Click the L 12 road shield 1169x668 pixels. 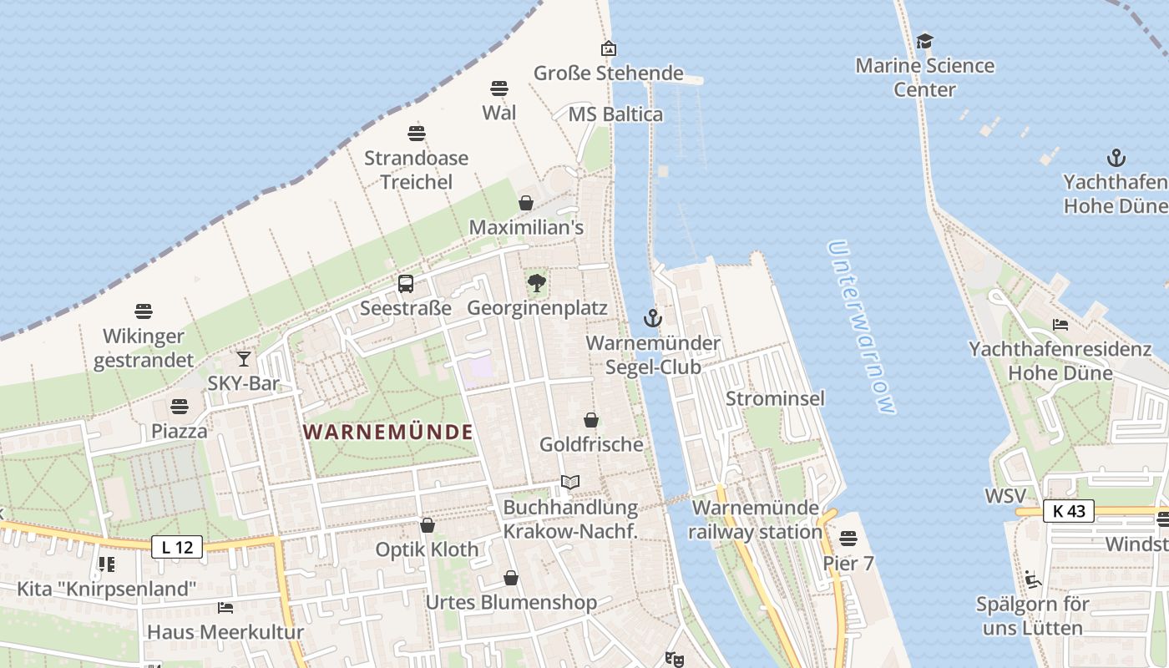coord(177,548)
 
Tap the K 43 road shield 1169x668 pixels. coord(1068,511)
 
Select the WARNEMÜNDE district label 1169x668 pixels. coord(388,432)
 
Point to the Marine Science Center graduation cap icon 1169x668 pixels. coord(924,41)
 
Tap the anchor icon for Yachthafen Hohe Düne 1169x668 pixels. coord(1116,158)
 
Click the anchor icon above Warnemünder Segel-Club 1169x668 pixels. coord(652,318)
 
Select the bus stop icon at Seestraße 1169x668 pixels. coord(406,284)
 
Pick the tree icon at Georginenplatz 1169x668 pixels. coord(537,284)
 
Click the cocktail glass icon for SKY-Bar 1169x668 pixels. coord(244,358)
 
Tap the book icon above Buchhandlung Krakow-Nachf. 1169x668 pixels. coord(570,483)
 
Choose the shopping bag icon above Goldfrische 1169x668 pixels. coord(591,419)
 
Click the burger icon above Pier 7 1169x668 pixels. coord(848,538)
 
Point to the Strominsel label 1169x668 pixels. coord(775,398)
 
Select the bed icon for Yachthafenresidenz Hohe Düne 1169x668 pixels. coord(1060,324)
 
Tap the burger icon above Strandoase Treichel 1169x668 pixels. coord(417,133)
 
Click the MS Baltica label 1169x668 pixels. coord(615,114)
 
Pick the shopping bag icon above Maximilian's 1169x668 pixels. coord(526,203)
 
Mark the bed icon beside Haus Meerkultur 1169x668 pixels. coord(225,607)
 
